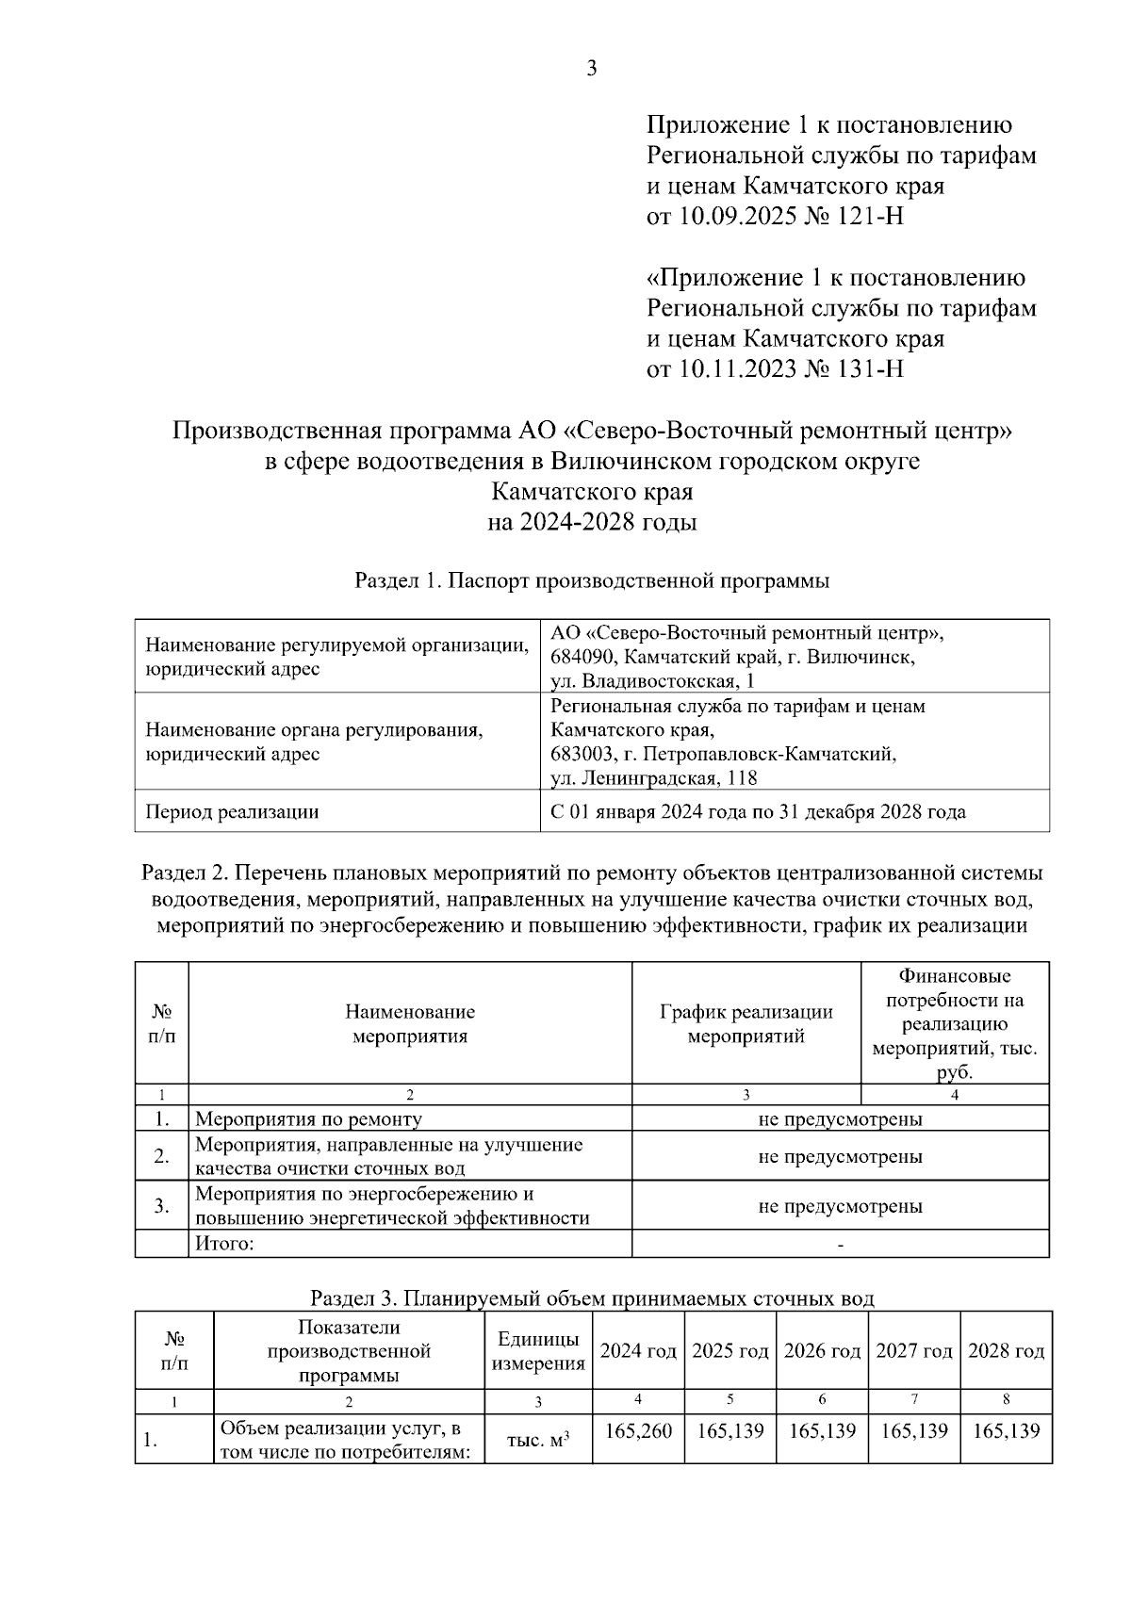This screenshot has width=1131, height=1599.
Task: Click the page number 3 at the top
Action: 591,69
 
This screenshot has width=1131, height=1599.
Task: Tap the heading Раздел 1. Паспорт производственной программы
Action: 592,580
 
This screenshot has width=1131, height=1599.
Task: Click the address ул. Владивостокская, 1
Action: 652,681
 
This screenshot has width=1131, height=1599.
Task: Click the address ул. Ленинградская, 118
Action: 653,778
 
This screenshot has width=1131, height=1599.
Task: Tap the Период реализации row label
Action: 232,811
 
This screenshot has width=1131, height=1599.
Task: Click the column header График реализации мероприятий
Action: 746,1024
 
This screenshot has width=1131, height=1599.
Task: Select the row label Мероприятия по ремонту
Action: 308,1119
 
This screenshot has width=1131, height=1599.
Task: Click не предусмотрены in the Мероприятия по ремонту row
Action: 840,1119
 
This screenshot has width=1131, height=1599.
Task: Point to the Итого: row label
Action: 224,1244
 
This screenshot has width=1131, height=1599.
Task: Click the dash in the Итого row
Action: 840,1245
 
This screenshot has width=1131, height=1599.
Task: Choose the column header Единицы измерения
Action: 538,1351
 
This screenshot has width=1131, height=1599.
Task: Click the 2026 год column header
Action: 822,1351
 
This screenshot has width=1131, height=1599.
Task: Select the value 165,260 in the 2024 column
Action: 638,1431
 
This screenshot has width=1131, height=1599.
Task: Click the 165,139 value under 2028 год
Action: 1006,1431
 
